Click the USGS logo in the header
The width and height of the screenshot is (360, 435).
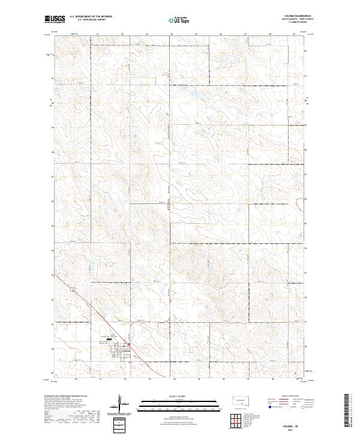54,19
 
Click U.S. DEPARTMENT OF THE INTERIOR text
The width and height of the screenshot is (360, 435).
91,17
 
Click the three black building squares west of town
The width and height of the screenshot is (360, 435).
109,340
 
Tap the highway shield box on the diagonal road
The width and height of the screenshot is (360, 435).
72,289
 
